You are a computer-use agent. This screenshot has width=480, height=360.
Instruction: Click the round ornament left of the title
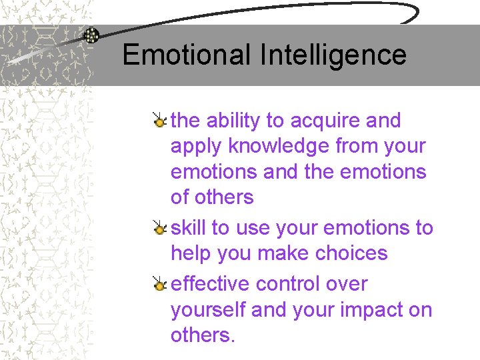click(91, 36)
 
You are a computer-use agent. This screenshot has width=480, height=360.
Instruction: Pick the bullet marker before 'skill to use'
click(159, 229)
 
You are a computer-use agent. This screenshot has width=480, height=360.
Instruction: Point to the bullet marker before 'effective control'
click(159, 285)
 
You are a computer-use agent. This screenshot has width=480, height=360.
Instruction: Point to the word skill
click(188, 227)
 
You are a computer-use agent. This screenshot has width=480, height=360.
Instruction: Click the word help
click(190, 253)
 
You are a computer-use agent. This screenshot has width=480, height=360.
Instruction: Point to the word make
click(277, 253)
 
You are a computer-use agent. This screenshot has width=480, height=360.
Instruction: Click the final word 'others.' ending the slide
click(203, 334)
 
